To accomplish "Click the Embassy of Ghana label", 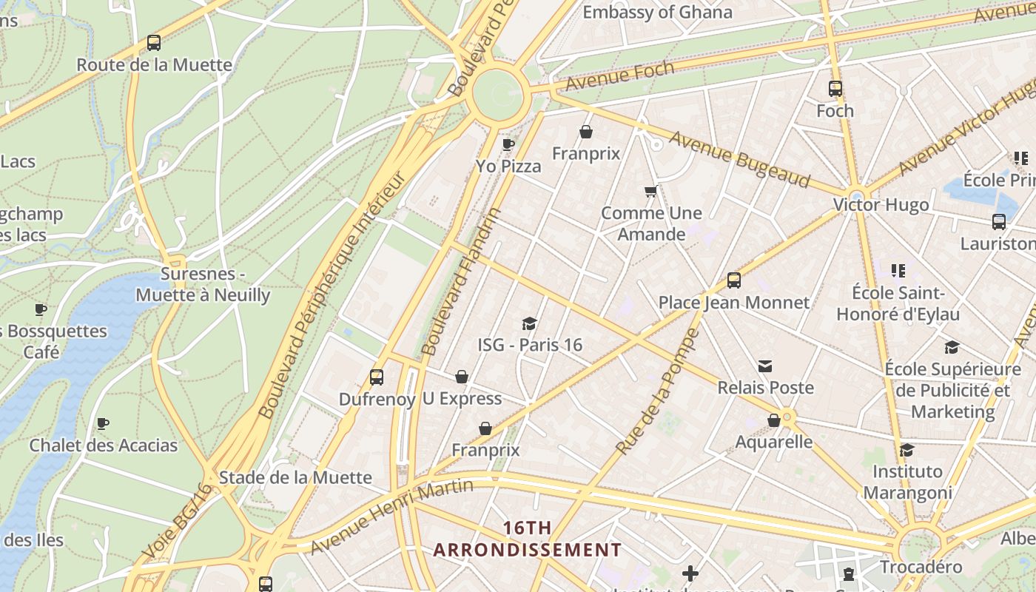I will (657, 13).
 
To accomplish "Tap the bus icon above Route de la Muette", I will (154, 43).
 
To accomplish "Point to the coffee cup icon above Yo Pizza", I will (508, 144).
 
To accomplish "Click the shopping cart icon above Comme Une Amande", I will (650, 192).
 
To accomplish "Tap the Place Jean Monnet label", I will (734, 303).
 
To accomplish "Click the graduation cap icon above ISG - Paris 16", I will (529, 323).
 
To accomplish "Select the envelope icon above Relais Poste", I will (765, 366).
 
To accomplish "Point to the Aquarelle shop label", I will (774, 442).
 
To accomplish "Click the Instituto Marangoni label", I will (907, 482).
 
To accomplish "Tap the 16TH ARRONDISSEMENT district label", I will (527, 539).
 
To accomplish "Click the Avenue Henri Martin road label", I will (392, 517).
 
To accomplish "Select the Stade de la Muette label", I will (295, 477).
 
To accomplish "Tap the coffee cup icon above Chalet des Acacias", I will (103, 424).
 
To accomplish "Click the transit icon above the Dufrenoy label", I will (377, 377).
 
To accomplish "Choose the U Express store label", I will (462, 399).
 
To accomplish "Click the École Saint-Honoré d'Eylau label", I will (898, 303).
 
